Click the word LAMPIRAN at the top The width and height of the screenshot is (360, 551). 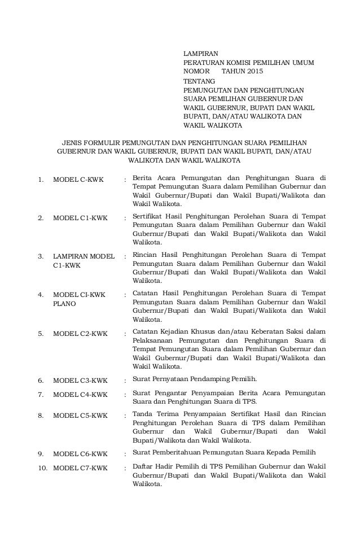(201, 52)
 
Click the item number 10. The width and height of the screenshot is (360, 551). (42, 468)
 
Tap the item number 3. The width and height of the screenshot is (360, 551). (41, 256)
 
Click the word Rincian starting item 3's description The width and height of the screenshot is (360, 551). (144, 255)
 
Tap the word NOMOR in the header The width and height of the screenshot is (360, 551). (197, 72)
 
